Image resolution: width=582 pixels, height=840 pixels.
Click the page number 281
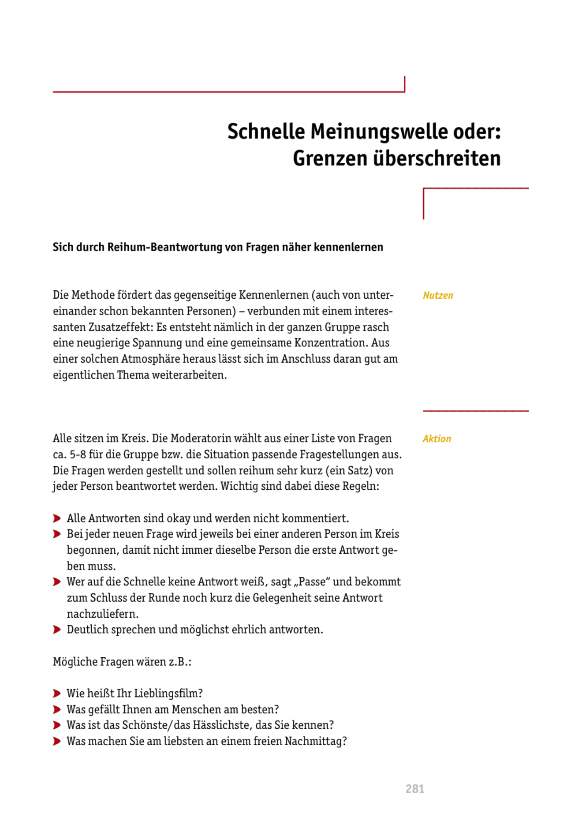[x=414, y=789]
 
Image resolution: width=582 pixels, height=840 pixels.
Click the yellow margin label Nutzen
[x=438, y=295]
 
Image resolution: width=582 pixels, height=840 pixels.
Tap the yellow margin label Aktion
[x=436, y=439]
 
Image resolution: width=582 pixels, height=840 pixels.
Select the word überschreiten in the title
[x=436, y=158]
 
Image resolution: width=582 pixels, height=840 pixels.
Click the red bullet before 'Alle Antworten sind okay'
[x=57, y=518]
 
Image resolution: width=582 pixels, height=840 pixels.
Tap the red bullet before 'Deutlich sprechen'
[x=57, y=630]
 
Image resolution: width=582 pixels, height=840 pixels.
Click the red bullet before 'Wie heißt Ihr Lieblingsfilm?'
[x=57, y=694]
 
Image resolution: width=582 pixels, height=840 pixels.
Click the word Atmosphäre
[x=151, y=359]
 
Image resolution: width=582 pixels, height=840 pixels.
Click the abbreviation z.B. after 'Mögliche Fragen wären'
[x=179, y=662]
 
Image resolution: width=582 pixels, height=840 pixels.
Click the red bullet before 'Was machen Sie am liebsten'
[x=57, y=741]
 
